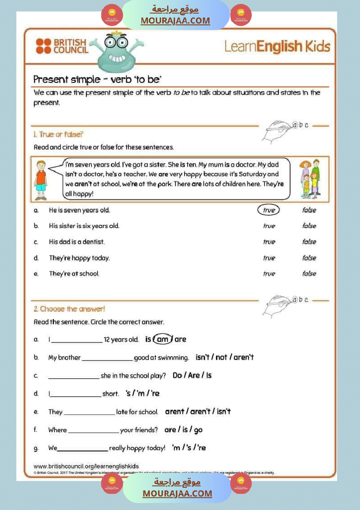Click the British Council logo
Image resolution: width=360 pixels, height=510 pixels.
point(62,46)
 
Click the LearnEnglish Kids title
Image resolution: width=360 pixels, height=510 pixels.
point(277,46)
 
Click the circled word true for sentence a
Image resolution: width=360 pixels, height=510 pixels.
point(269,210)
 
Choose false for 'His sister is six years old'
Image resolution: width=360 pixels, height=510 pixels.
point(309,226)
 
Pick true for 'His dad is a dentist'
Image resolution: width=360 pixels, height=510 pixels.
point(269,242)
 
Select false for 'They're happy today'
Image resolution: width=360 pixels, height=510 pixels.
point(309,258)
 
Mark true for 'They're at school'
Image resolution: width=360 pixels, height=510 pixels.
point(269,274)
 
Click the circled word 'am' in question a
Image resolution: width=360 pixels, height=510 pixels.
point(162,339)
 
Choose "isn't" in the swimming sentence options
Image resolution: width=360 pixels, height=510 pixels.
point(203,357)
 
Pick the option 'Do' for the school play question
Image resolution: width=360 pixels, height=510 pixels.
point(177,375)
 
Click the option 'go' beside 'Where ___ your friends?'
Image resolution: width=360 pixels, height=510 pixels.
point(198,430)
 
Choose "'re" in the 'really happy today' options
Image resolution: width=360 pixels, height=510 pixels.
point(201,448)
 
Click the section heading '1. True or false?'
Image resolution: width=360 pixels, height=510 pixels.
point(58,134)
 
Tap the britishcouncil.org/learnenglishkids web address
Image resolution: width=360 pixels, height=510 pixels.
point(86,466)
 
